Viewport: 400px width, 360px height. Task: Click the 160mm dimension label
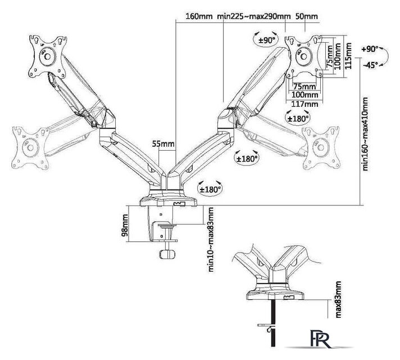pyautogui.click(x=199, y=16)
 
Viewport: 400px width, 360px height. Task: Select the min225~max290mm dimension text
pyautogui.click(x=254, y=16)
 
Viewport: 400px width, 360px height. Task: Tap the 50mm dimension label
pyautogui.click(x=307, y=16)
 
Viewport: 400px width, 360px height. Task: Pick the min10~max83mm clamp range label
pyautogui.click(x=211, y=240)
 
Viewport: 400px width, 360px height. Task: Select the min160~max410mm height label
pyautogui.click(x=365, y=134)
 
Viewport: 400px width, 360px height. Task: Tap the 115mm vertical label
pyautogui.click(x=348, y=56)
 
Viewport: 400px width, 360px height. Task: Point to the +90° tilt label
pyautogui.click(x=370, y=49)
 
